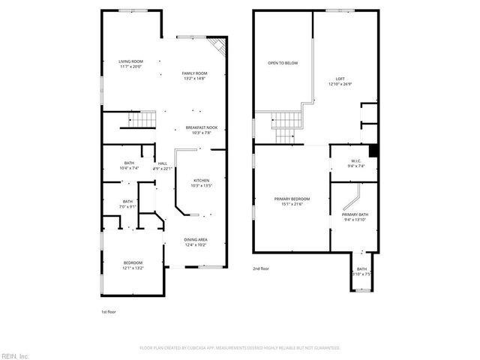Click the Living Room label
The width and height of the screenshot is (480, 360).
pos(130,61)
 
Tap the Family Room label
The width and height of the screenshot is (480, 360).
pos(194,73)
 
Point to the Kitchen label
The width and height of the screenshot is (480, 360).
pos(202,180)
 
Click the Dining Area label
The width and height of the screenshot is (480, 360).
pos(195,239)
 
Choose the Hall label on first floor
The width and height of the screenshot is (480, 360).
pos(163,163)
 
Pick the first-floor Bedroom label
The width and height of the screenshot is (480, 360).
pos(133,262)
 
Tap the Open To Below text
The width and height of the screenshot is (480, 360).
pos(283,63)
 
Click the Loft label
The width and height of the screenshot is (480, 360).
pos(340,79)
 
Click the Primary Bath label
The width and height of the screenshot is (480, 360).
pos(355,214)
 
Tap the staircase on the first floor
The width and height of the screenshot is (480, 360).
pos(141,120)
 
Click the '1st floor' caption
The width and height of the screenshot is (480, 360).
pos(109,311)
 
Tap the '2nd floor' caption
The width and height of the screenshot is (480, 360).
pos(261,268)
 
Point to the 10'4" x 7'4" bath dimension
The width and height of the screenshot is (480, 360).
pos(128,168)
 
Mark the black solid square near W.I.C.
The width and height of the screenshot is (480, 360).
pos(373,148)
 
